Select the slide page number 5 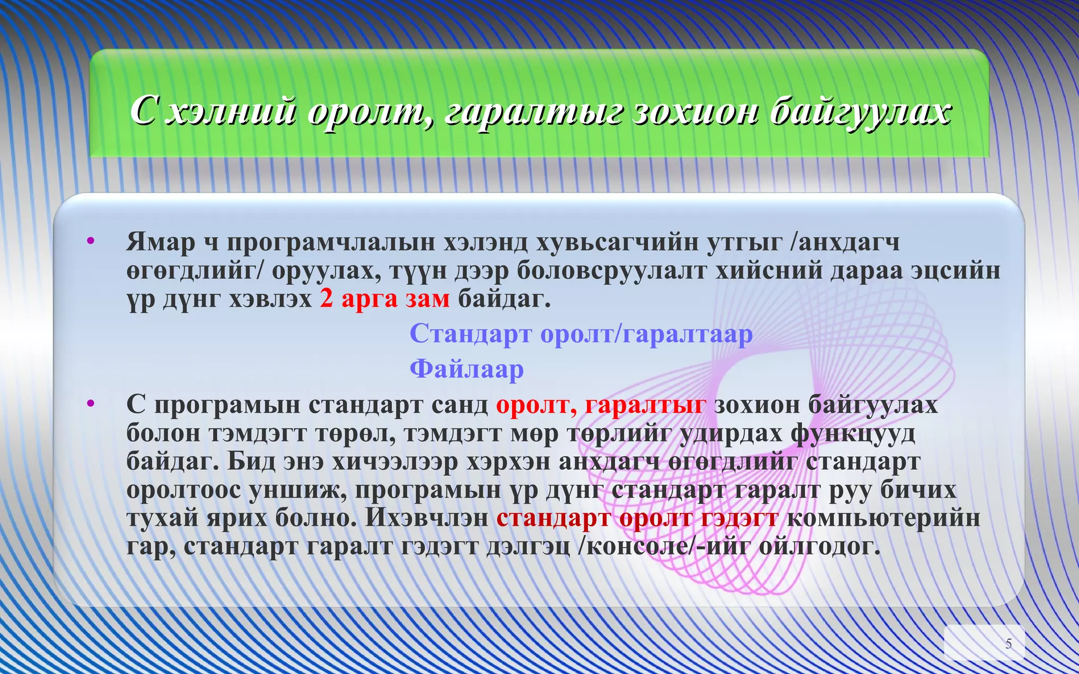tap(1008, 643)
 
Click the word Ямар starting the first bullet tap(160, 242)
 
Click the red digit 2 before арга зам tap(326, 299)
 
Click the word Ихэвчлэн tap(427, 518)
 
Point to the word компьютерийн tap(883, 518)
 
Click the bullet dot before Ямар tap(91, 242)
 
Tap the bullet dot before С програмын tap(91, 404)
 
